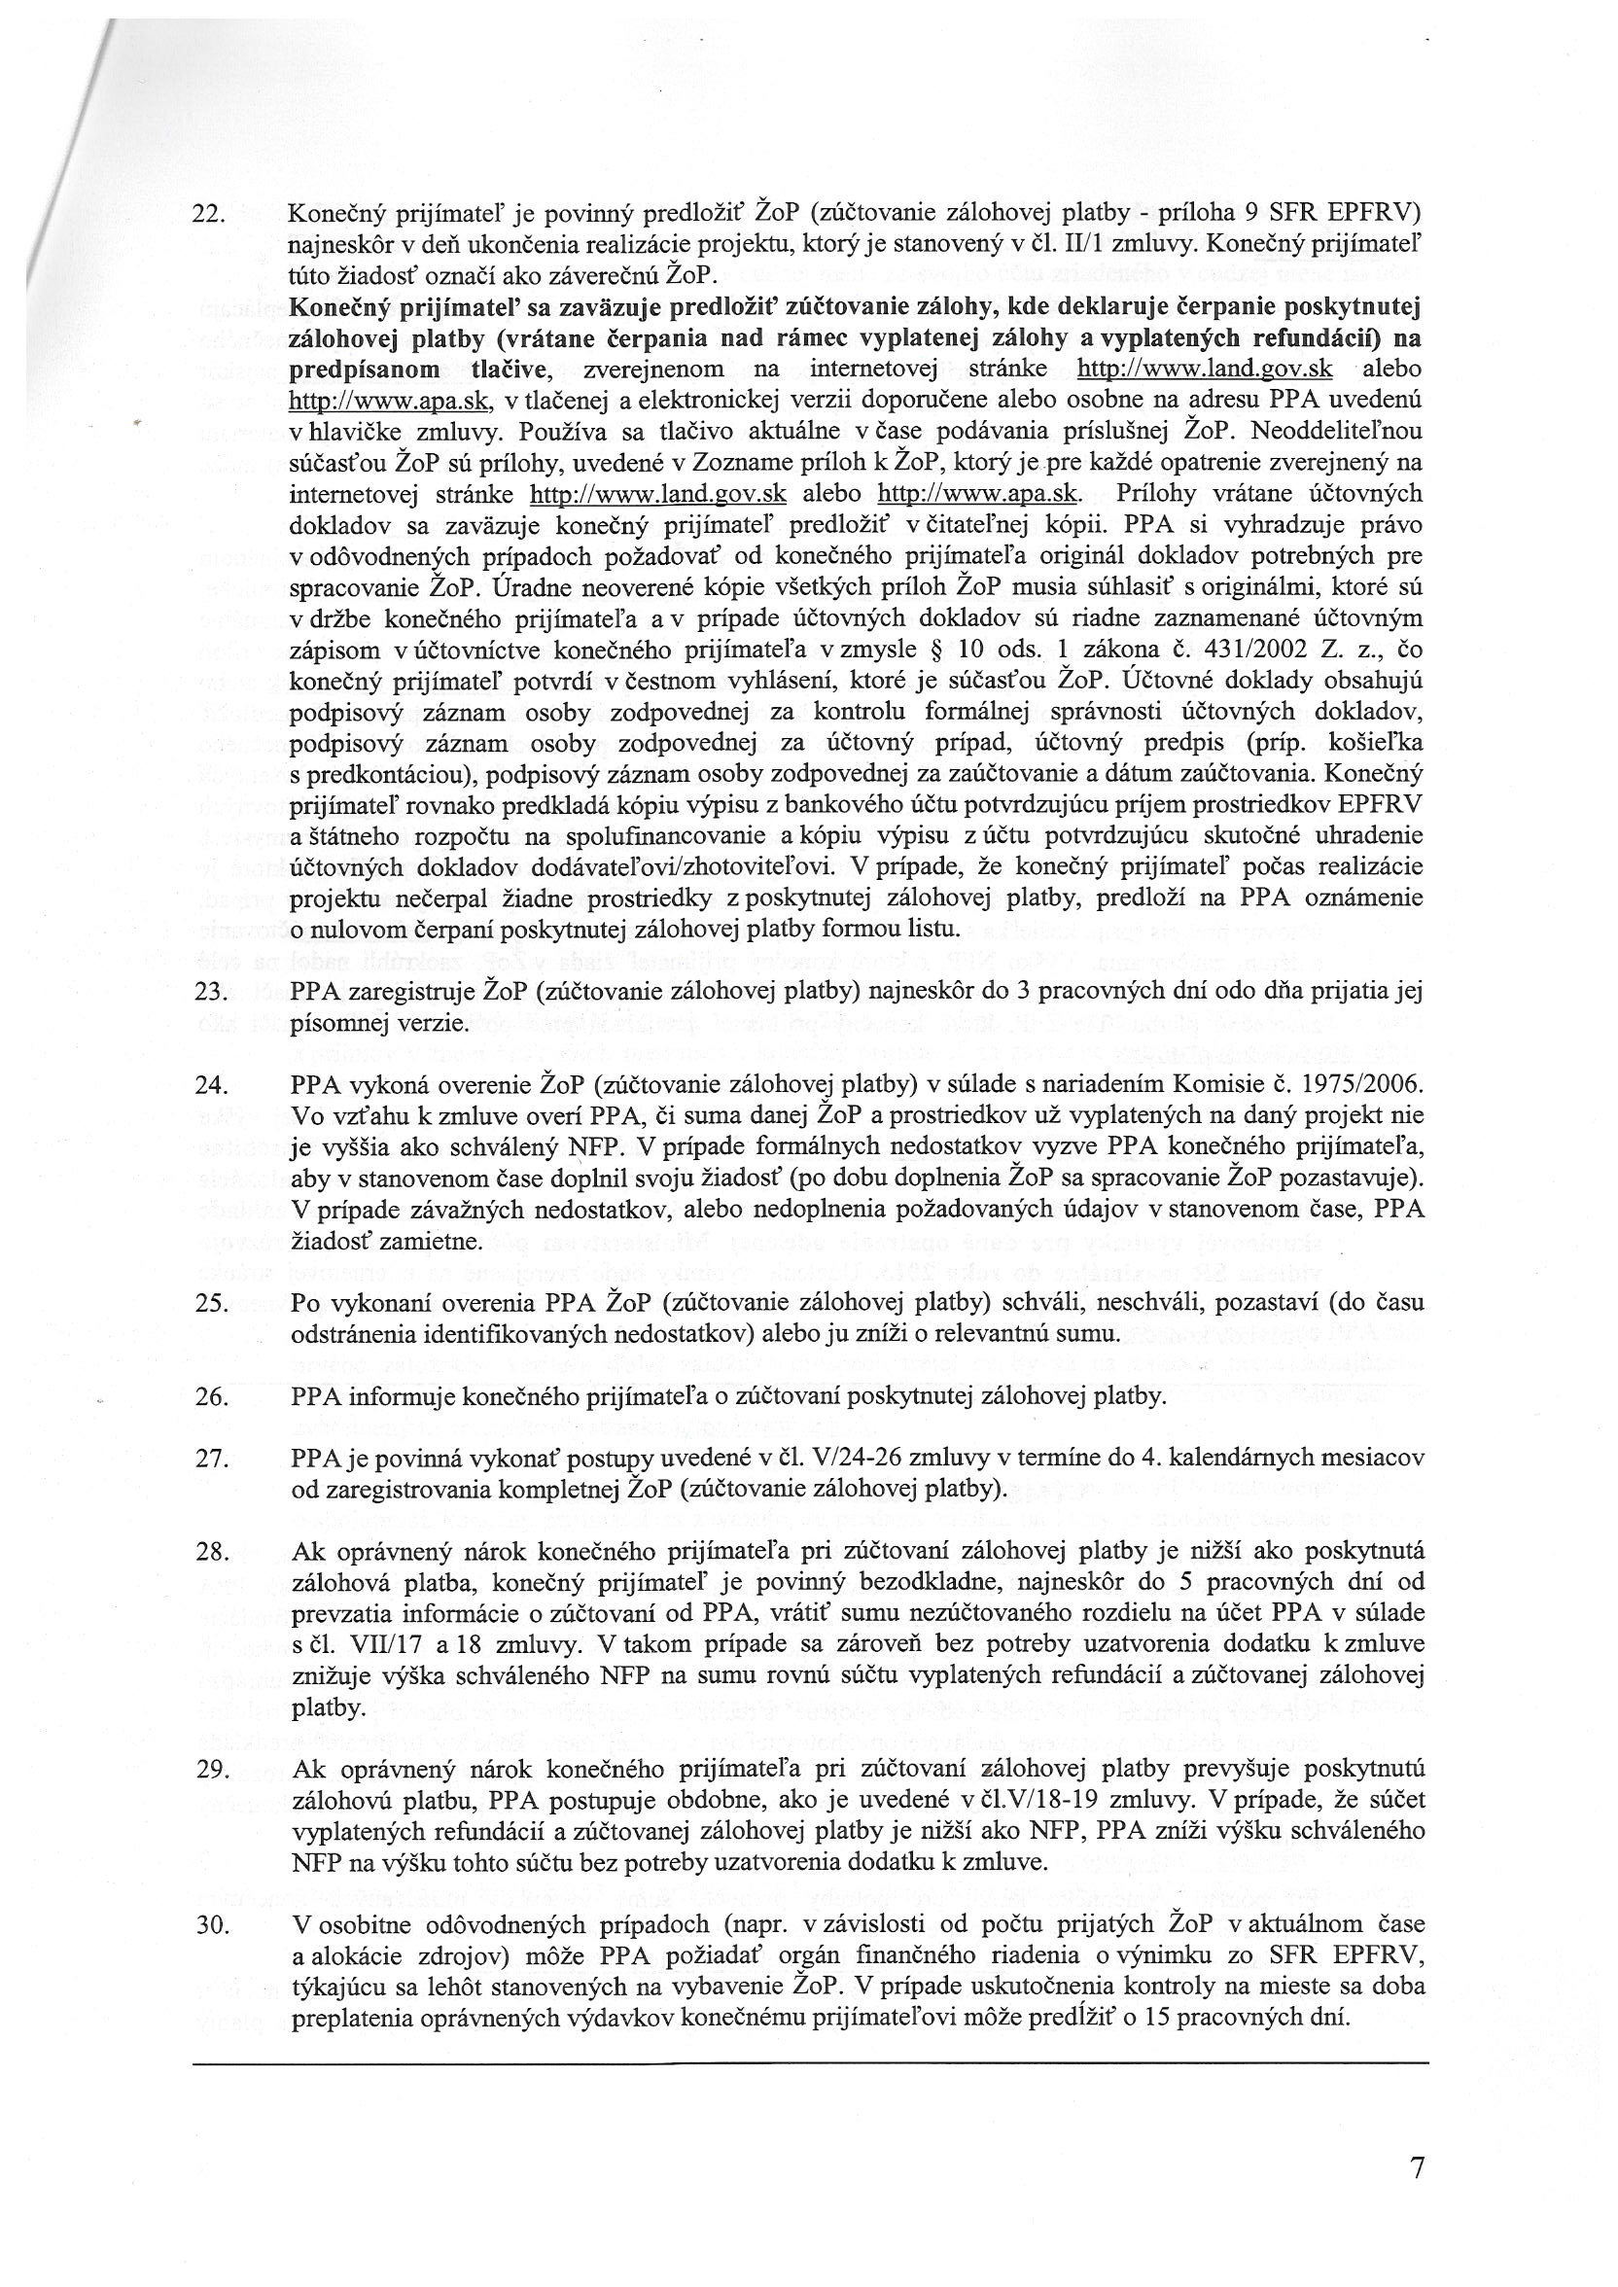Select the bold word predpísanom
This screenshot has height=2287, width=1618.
[358, 370]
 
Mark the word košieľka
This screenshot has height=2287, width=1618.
[1379, 743]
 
